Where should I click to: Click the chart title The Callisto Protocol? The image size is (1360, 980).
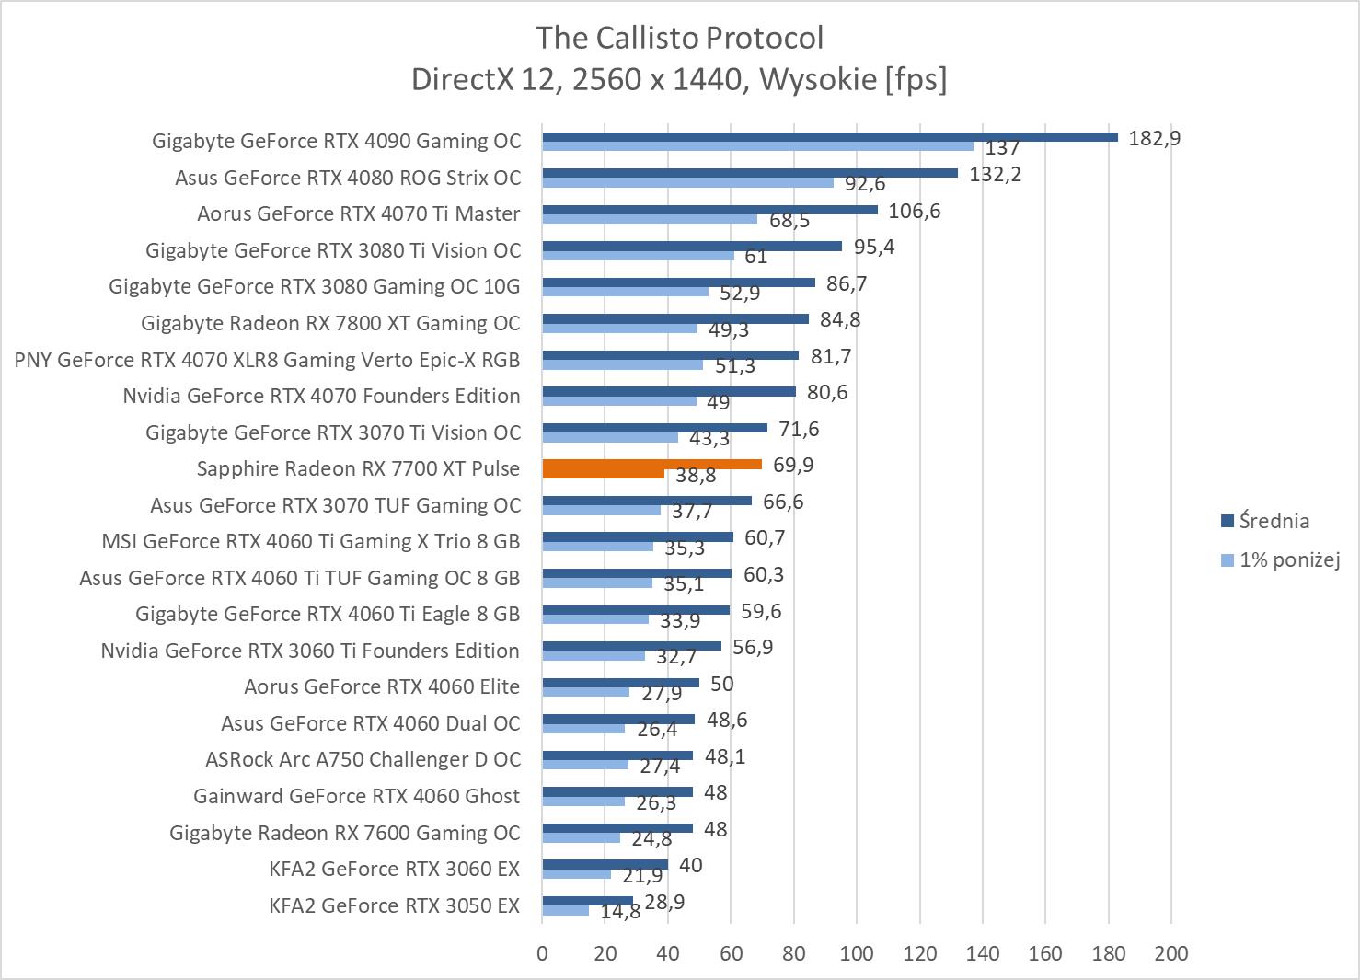(679, 38)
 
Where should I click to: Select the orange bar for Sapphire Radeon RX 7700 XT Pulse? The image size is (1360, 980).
(651, 465)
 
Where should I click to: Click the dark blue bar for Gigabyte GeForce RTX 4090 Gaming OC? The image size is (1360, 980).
(828, 137)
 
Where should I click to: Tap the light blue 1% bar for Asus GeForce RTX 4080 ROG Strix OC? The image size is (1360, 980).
(687, 182)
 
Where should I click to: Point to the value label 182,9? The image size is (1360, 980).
(1154, 138)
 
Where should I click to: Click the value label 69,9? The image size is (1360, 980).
(793, 465)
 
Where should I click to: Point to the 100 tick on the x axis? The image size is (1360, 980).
(857, 953)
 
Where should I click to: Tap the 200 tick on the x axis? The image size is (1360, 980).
(1170, 953)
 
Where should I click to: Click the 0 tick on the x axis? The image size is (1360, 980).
(542, 953)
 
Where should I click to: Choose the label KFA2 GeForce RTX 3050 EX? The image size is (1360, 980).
(394, 905)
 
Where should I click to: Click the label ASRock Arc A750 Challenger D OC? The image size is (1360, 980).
(363, 760)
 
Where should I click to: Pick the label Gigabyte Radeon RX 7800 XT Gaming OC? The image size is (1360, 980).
(330, 323)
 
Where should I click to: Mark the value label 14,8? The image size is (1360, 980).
(620, 912)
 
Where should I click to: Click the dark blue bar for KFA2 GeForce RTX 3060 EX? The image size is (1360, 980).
(605, 865)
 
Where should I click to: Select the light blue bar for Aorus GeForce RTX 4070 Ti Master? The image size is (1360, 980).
(649, 219)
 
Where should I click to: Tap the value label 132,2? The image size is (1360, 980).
(995, 174)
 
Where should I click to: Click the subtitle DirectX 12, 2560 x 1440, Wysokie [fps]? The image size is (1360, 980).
(679, 80)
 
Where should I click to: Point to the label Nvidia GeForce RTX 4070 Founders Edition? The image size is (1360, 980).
(321, 396)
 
